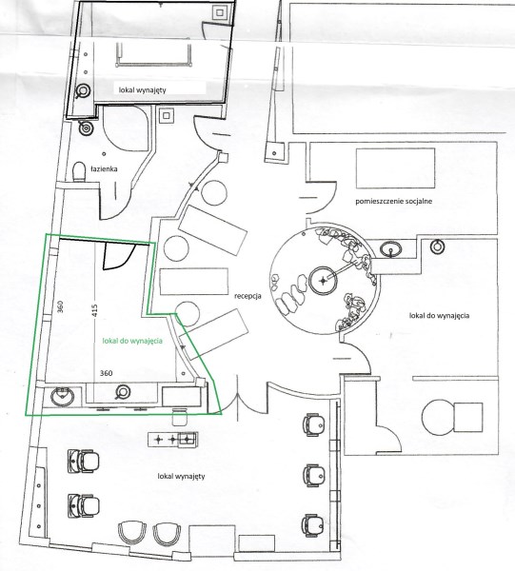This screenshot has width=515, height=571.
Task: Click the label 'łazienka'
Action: (104, 168)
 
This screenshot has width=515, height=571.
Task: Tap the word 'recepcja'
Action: (248, 296)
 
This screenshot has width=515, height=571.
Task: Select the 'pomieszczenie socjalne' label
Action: (394, 201)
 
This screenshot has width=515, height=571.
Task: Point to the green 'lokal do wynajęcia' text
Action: (132, 341)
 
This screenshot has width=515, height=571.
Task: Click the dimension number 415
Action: (95, 310)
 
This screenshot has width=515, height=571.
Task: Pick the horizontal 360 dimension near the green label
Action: (106, 373)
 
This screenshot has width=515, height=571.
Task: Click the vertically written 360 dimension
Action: (61, 306)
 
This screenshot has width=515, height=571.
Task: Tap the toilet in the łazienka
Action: (79, 172)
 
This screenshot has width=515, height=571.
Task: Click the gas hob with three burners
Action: (173, 440)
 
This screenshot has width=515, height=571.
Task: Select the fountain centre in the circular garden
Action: (323, 281)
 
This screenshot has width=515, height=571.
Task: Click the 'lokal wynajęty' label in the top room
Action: (143, 89)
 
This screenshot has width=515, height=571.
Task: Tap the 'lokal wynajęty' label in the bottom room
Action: (181, 476)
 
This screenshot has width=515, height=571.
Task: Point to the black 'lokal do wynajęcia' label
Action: (439, 315)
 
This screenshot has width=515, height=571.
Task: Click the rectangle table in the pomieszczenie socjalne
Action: (396, 167)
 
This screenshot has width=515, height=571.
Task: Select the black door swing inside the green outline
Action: (119, 256)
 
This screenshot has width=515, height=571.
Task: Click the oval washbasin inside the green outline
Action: (62, 397)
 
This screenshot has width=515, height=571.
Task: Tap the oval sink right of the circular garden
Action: (391, 249)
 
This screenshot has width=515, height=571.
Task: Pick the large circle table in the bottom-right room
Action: (439, 417)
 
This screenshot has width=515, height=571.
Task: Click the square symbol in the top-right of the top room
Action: (219, 12)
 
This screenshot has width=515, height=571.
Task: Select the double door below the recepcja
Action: (237, 400)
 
